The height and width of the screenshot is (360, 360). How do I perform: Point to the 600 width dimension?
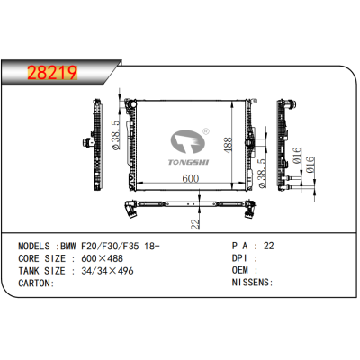pyautogui.click(x=191, y=178)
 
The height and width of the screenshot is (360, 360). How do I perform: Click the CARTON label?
pyautogui.click(x=35, y=282)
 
